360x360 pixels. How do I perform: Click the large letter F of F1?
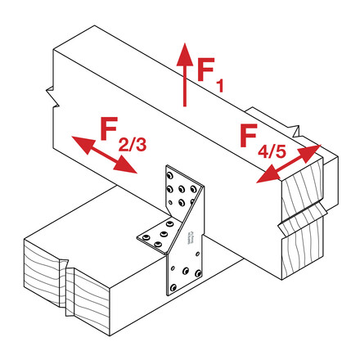coord(206,70)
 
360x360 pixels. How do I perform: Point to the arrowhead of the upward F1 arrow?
coord(185,55)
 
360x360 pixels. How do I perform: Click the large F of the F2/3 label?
coord(109,128)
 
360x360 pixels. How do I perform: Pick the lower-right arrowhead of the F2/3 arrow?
coord(125,164)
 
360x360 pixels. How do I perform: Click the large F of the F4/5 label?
coord(249,135)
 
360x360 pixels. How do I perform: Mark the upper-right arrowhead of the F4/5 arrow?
coord(309,153)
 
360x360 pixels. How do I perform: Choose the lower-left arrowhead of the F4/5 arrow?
coord(268,174)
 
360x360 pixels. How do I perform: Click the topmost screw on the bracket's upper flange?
coord(170,175)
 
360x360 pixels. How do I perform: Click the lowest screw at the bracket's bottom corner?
coord(173,287)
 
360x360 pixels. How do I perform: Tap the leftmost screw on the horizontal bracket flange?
coord(146,237)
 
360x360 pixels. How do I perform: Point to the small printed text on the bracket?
coord(190,237)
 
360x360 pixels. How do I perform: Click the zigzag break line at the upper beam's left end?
coord(53,97)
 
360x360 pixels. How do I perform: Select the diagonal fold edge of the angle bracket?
coord(185,220)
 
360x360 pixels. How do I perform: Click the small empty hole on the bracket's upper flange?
coord(170,202)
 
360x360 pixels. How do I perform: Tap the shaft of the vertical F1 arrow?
coord(185,86)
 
